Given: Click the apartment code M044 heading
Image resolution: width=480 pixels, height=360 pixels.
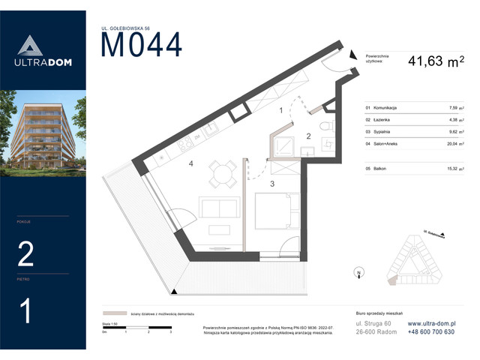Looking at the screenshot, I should [x=141, y=46].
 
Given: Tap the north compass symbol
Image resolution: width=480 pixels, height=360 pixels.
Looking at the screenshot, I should [x=360, y=273].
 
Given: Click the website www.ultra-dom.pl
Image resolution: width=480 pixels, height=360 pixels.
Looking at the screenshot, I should [x=431, y=323].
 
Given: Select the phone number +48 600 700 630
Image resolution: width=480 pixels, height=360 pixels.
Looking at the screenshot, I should [x=431, y=331].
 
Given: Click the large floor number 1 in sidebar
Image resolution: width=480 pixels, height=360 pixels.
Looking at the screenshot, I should [x=26, y=310].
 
